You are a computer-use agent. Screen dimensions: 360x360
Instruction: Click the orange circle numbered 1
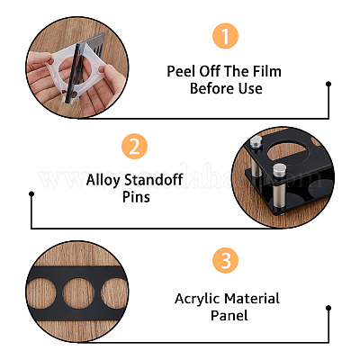click(x=225, y=36)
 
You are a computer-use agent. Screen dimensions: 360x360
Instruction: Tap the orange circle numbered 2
click(x=134, y=147)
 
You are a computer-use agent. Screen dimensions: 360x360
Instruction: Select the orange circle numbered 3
click(x=226, y=260)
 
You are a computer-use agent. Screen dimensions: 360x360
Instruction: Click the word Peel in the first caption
click(x=180, y=71)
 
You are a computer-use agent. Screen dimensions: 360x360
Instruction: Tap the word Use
click(x=250, y=88)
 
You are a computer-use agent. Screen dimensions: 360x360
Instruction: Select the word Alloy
click(x=103, y=181)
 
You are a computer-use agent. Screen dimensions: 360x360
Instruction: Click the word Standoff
click(x=154, y=180)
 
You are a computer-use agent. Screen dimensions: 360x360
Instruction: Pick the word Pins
click(x=136, y=197)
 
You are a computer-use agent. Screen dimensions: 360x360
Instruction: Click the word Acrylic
click(x=197, y=299)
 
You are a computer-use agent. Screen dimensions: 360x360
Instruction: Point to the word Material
click(x=252, y=299)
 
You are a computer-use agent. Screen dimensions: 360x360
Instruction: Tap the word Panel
click(x=229, y=316)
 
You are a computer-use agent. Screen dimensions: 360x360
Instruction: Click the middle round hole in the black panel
click(x=78, y=294)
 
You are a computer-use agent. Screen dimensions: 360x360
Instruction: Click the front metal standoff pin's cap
click(x=279, y=170)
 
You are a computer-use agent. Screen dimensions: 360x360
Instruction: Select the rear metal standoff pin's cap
click(x=256, y=141)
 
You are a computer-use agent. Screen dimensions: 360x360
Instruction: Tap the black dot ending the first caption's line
click(x=328, y=84)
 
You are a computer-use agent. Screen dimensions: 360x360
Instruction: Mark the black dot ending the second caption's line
click(x=31, y=194)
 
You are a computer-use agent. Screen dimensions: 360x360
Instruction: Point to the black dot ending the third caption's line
click(x=328, y=308)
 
